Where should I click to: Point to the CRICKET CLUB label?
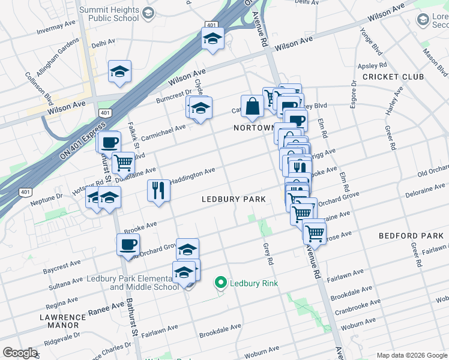click(x=393, y=77)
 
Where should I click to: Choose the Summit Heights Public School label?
click(x=114, y=14)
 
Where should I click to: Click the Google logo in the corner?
click(x=20, y=352)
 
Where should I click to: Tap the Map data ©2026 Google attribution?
click(x=412, y=355)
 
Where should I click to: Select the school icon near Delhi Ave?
click(x=120, y=71)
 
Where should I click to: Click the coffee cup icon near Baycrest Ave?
click(x=128, y=245)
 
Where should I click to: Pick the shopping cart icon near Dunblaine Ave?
click(x=123, y=161)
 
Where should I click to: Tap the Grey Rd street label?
click(x=268, y=254)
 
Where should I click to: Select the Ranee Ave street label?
click(x=106, y=311)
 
